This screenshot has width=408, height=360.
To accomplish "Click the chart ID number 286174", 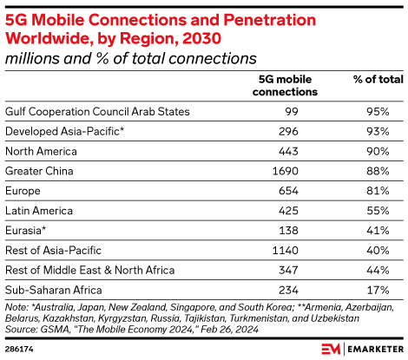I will tap(19, 348).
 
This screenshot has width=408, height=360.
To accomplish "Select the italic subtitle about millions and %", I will tap(131, 58).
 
